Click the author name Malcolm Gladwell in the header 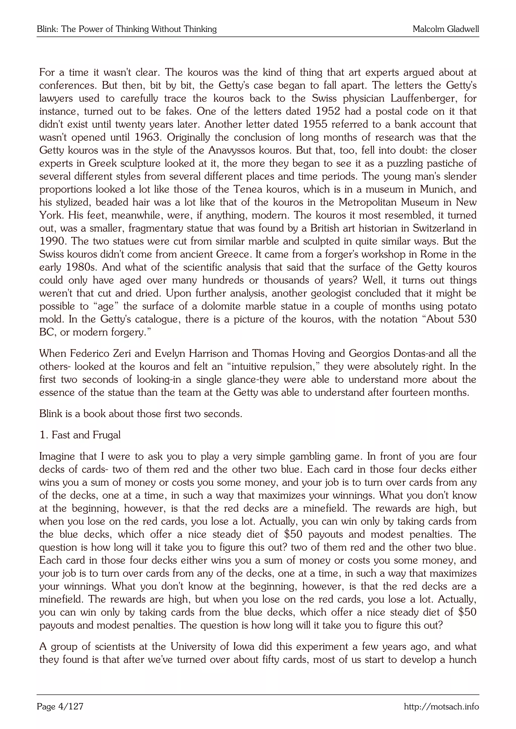pyautogui.click(x=445, y=29)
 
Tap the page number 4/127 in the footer pyautogui.click(x=71, y=707)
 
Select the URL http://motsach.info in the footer pyautogui.click(x=441, y=707)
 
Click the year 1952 pyautogui.click(x=328, y=112)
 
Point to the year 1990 pyautogui.click(x=53, y=241)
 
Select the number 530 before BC pyautogui.click(x=467, y=319)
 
